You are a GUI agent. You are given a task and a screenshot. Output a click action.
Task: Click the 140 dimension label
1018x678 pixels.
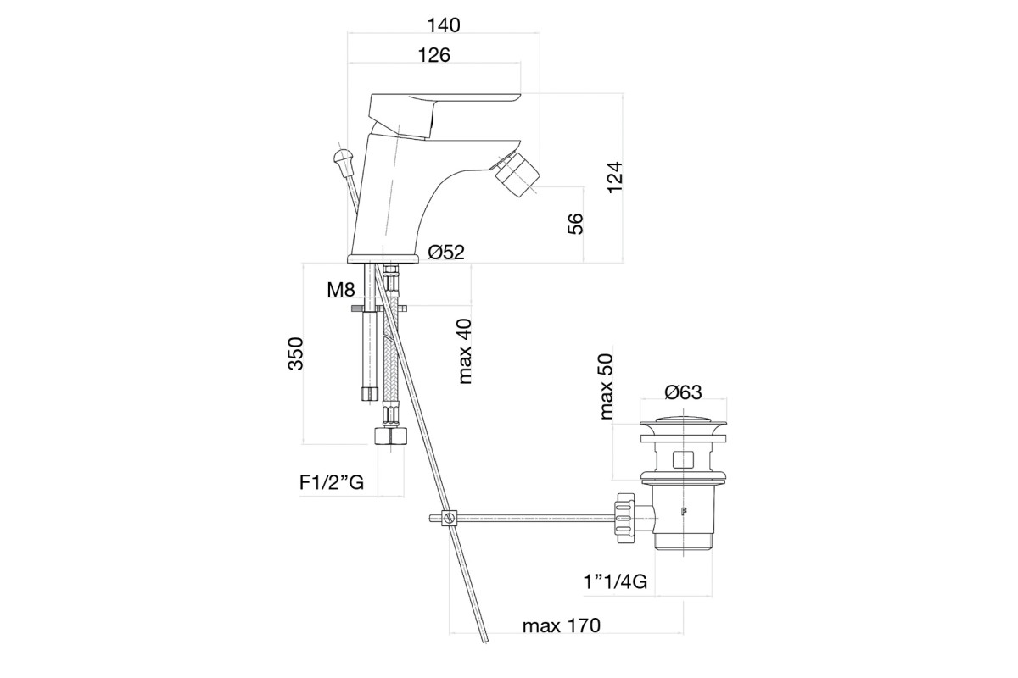[444, 25]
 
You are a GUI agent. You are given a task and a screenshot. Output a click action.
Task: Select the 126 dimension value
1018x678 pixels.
[434, 55]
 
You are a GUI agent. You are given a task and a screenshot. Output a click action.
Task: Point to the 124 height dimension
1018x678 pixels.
[615, 178]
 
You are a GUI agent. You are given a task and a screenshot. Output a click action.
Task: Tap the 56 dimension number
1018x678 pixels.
[575, 224]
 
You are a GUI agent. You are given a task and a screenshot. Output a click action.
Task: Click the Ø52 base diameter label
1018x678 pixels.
[446, 252]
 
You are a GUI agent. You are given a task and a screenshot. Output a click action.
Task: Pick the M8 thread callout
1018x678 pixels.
[340, 289]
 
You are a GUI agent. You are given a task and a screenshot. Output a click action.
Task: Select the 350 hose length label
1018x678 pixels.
[295, 353]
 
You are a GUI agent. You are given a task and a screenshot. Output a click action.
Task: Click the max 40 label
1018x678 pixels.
[466, 352]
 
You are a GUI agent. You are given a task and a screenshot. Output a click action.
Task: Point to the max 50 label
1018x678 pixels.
[607, 387]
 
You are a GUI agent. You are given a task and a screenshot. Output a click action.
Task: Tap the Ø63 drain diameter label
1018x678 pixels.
[684, 392]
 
